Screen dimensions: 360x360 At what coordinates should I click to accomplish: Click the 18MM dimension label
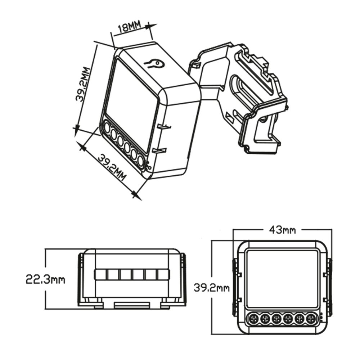pyautogui.click(x=129, y=28)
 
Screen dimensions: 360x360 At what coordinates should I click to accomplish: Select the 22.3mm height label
pyautogui.click(x=45, y=279)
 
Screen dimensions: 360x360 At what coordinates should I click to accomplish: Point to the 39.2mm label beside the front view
pyautogui.click(x=211, y=288)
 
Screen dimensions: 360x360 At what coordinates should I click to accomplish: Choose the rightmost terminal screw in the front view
pyautogui.click(x=311, y=318)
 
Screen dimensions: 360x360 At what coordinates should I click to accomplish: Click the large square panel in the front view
pyautogui.click(x=282, y=279)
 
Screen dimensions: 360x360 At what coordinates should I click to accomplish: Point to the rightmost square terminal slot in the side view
pyautogui.click(x=163, y=275)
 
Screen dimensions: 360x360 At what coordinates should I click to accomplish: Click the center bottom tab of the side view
pyautogui.click(x=132, y=305)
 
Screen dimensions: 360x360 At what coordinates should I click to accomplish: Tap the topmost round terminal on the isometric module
pyautogui.click(x=107, y=127)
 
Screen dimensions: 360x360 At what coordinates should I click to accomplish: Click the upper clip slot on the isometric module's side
pyautogui.click(x=163, y=126)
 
